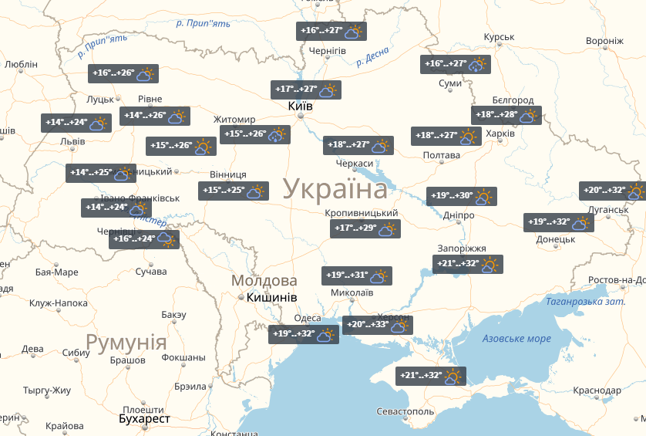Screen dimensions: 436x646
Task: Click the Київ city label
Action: click(x=300, y=106)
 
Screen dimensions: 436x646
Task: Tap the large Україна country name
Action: click(x=335, y=189)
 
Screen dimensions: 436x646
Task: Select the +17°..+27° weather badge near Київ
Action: click(x=306, y=90)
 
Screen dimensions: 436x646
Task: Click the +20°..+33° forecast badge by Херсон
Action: click(x=377, y=326)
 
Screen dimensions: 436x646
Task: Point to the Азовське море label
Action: click(x=516, y=339)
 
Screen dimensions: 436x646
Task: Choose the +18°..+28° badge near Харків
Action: click(x=506, y=115)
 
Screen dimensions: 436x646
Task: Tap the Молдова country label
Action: click(x=264, y=280)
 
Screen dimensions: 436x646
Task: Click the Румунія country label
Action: click(x=126, y=342)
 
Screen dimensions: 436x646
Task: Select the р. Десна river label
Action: click(x=373, y=59)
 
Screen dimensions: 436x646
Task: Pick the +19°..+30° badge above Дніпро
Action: click(x=461, y=196)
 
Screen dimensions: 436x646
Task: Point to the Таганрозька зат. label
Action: click(x=585, y=302)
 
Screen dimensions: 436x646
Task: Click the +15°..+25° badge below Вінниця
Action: click(x=233, y=191)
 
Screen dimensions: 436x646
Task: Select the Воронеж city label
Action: click(x=604, y=41)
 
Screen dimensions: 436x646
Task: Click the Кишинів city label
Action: click(x=272, y=298)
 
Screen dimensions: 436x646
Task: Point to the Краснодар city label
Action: click(x=597, y=391)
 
